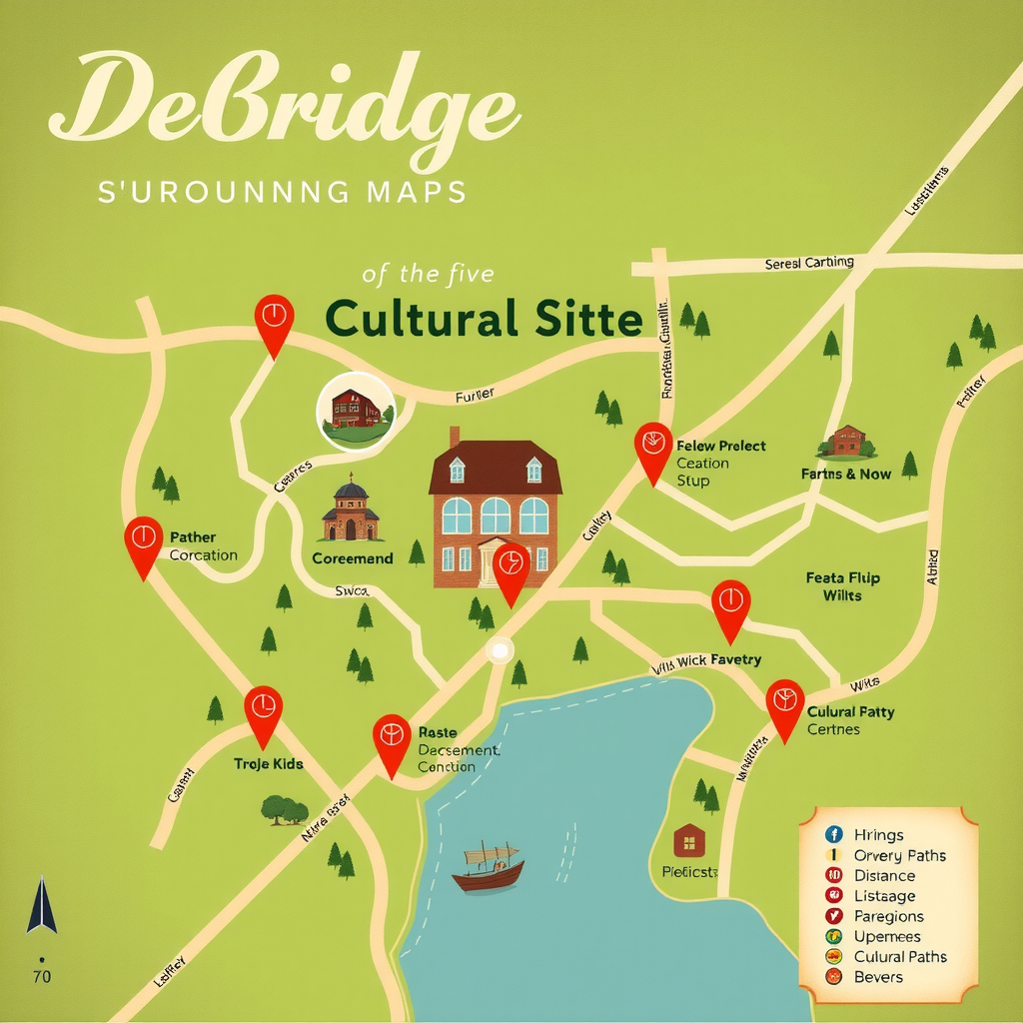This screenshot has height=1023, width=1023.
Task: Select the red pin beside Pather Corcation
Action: (x=143, y=543)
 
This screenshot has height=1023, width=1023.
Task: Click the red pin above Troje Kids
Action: (x=263, y=712)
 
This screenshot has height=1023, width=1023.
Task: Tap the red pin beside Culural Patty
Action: (x=785, y=706)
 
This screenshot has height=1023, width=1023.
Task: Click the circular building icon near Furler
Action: (x=355, y=411)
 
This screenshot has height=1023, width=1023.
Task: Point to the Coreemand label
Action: (x=353, y=558)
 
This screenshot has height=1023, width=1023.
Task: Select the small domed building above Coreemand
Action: (x=350, y=511)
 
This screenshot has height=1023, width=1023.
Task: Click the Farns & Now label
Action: (x=845, y=474)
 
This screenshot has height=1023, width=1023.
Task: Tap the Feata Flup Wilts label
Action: (x=842, y=586)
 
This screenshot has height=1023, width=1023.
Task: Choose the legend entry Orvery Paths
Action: (x=899, y=855)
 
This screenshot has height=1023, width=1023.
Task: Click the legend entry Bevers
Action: (x=878, y=976)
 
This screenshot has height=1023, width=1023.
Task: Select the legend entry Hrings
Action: (x=878, y=835)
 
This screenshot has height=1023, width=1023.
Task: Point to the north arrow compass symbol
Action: (x=41, y=905)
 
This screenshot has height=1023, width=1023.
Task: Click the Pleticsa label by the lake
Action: (x=689, y=872)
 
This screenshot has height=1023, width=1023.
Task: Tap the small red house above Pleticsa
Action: (x=689, y=840)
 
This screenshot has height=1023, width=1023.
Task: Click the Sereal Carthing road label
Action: (x=809, y=263)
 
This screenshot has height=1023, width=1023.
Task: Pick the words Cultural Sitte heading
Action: (x=484, y=320)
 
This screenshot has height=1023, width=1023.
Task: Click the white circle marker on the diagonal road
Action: (x=499, y=651)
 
